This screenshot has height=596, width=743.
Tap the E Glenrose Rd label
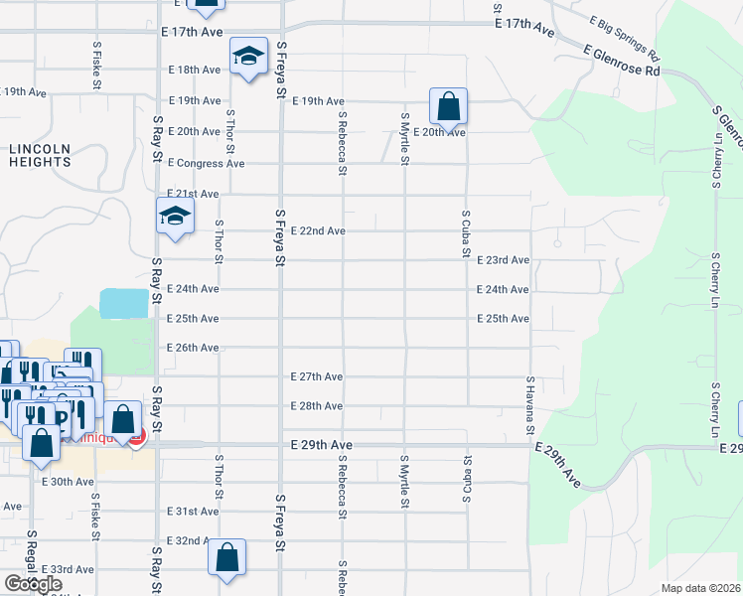(x=622, y=60)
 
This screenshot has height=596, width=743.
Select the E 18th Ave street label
(x=194, y=70)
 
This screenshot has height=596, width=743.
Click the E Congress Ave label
(x=206, y=163)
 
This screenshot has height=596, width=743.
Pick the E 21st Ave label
(x=193, y=194)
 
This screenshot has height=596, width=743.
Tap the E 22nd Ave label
(x=318, y=231)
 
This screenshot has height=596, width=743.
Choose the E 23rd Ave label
(x=503, y=260)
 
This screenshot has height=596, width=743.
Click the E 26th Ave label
(x=193, y=348)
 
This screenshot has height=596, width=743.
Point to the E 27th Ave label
(x=317, y=377)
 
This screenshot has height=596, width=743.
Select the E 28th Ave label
(x=317, y=406)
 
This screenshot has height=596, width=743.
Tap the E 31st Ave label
(x=193, y=511)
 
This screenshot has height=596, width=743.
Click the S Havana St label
(x=530, y=404)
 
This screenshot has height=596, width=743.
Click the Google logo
(x=33, y=585)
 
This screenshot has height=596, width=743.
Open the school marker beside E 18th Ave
(x=247, y=57)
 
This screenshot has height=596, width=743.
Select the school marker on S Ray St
(x=175, y=217)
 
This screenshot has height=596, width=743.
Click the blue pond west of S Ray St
(x=123, y=303)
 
